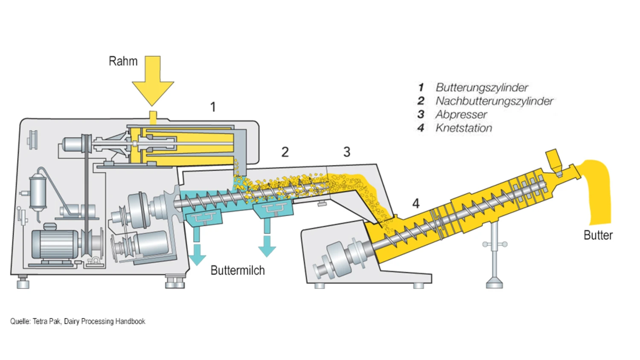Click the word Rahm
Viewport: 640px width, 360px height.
coord(123,61)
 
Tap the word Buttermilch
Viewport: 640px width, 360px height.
coord(238,270)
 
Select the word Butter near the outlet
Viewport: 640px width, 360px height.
coord(598,235)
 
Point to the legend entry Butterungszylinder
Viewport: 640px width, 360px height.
coord(482,87)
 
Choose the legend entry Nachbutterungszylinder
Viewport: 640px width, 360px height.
coord(494,101)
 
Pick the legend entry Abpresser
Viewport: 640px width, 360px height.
coord(461,114)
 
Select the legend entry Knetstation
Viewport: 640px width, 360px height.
coord(463,128)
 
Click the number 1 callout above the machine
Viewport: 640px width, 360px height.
coord(213,107)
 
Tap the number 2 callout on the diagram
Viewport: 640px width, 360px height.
coord(285,152)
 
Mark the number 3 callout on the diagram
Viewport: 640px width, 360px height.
coord(347,152)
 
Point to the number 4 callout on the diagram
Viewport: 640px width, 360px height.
coord(416,203)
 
